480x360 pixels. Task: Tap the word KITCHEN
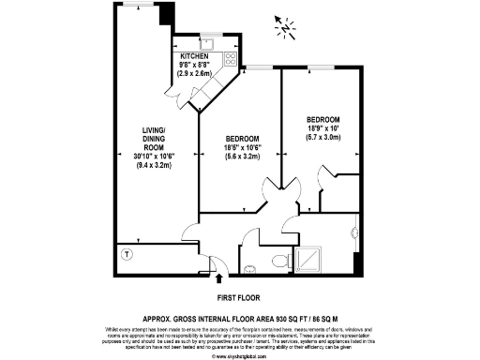(195, 56)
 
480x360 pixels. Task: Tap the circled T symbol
(127, 253)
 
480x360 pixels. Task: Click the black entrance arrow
(220, 277)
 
